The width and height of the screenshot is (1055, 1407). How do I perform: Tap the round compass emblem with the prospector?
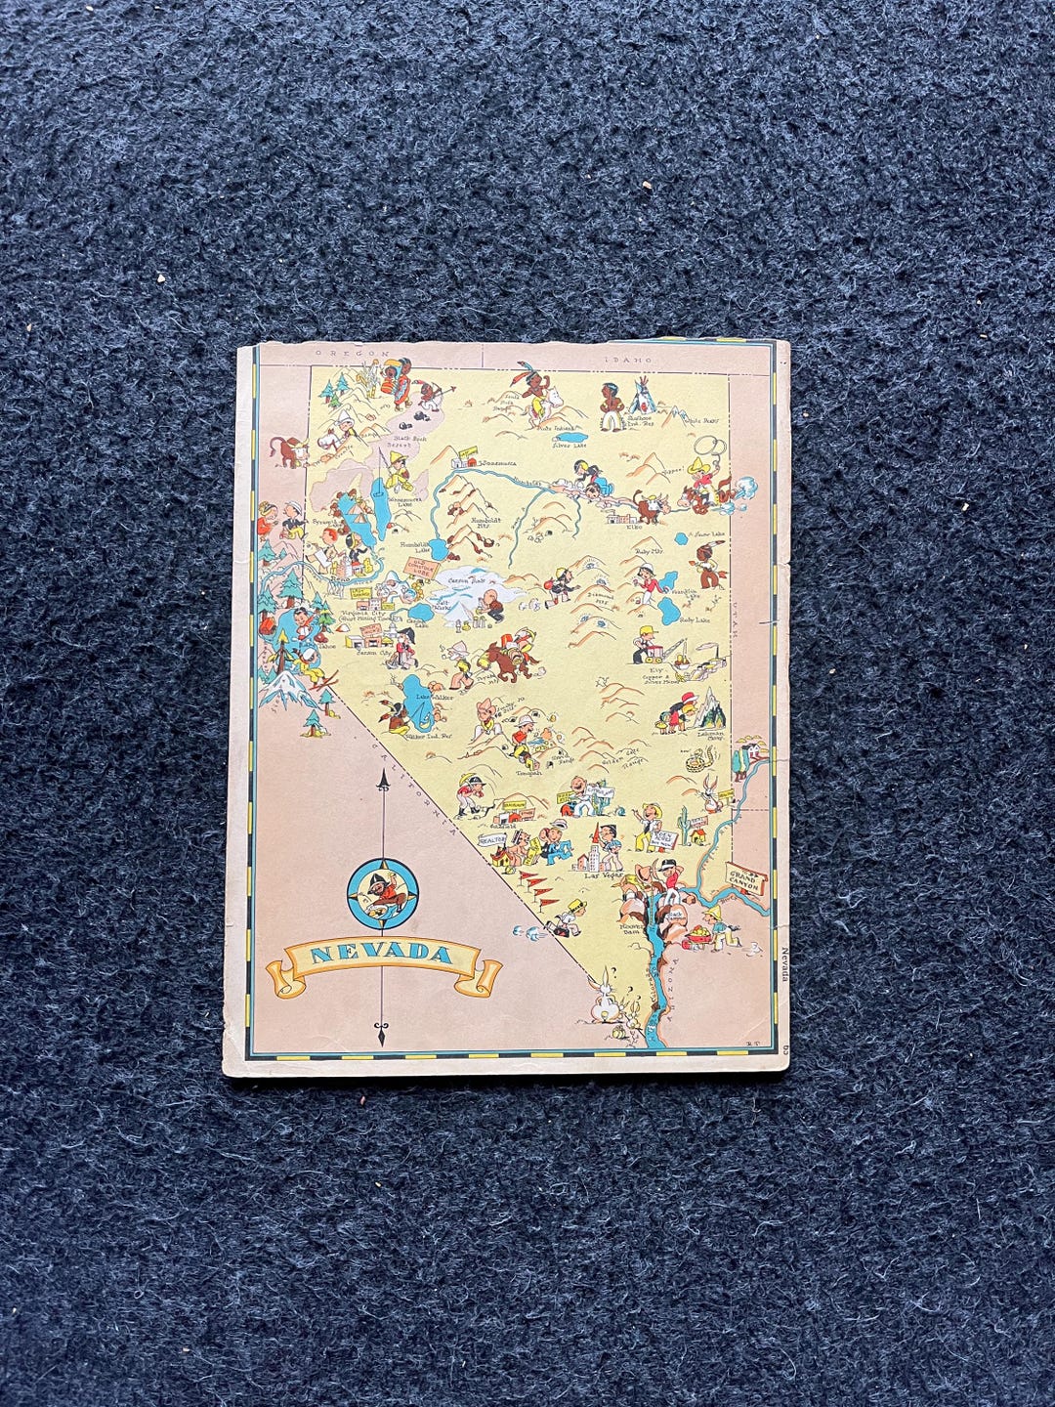(383, 893)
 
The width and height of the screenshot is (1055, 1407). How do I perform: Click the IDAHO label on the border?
(626, 360)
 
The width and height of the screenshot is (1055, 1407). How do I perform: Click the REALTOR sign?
(490, 839)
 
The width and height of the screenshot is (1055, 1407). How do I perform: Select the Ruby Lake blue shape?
(669, 612)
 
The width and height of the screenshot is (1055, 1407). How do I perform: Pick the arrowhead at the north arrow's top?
(382, 780)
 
